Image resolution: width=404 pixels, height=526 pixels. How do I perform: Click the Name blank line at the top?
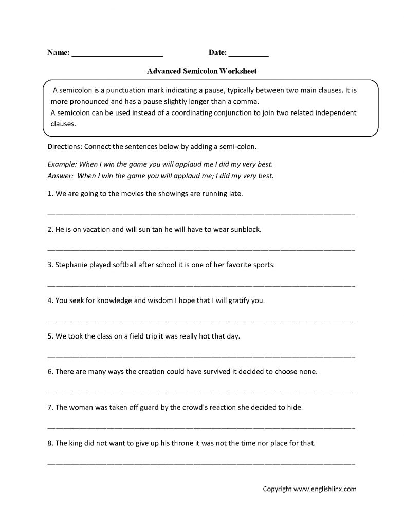(x=117, y=53)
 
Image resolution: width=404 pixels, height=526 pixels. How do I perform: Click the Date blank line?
(x=248, y=53)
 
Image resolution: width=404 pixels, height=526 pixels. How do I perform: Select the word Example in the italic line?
(x=61, y=164)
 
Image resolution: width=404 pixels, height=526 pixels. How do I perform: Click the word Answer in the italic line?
(x=60, y=175)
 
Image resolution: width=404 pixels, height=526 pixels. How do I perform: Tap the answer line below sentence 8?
(x=201, y=463)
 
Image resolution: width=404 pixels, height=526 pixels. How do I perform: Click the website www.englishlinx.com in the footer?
(x=324, y=490)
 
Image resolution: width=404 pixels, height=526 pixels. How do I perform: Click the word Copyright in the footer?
(x=277, y=490)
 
